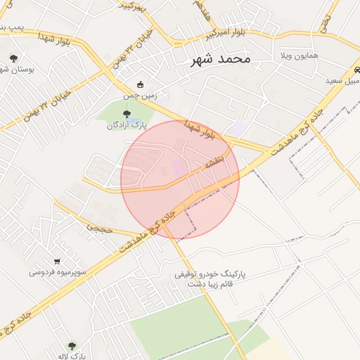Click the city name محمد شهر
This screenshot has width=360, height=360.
point(220,60)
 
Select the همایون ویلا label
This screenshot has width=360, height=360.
point(300,55)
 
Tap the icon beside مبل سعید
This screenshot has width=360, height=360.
point(357,70)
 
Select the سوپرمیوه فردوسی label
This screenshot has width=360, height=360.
point(58,272)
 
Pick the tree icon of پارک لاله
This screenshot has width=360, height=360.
point(71,345)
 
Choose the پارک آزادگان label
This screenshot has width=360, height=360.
point(127,125)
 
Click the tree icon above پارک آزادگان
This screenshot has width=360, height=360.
point(127,114)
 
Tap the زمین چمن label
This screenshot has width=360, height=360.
point(141,96)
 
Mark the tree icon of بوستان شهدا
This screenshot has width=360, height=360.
point(13,58)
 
